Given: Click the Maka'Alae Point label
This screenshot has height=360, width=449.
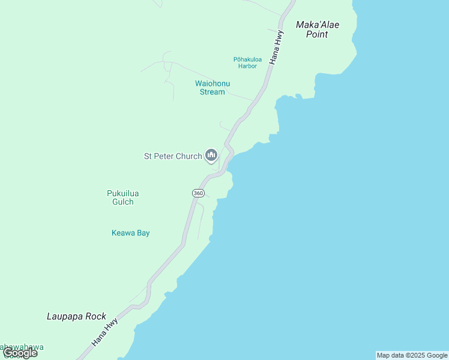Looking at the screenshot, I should [x=318, y=29].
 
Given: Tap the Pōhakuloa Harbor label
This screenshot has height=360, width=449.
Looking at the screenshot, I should [x=246, y=62].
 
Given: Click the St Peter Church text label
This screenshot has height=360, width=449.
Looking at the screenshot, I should [x=173, y=157].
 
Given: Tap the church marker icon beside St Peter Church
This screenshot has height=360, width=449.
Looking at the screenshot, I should [x=211, y=155].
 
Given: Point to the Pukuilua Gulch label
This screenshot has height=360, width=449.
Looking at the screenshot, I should [x=122, y=197].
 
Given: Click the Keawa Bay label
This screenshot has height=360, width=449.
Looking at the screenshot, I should [x=130, y=233].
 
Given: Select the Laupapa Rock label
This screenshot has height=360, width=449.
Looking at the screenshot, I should [x=76, y=316].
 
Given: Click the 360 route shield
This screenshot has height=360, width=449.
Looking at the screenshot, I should [x=198, y=193].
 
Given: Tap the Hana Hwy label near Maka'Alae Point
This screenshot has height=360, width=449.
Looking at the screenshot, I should [x=277, y=47].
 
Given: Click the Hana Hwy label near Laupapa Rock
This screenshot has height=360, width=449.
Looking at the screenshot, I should [x=105, y=332].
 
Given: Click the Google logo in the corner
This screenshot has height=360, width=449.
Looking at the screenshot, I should [x=20, y=353].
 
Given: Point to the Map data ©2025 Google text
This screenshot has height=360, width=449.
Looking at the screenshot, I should [x=412, y=355].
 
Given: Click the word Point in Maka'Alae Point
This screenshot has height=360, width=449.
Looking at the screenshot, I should [x=317, y=35].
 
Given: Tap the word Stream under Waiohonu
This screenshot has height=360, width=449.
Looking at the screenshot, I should [x=212, y=92].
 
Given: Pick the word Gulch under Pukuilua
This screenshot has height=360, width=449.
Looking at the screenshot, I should [x=122, y=202].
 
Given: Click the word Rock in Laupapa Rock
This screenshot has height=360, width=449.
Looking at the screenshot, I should [x=94, y=316].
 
